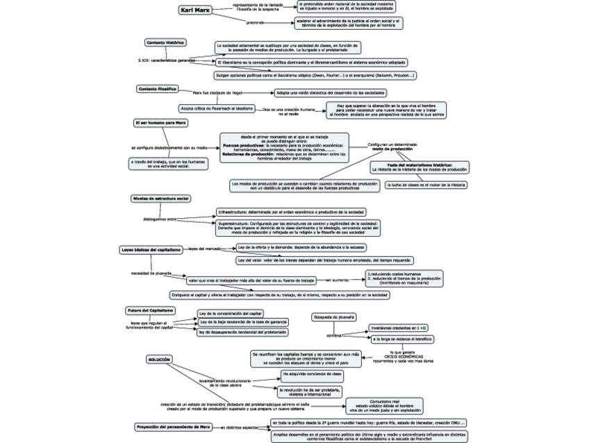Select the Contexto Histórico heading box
coord(165,42)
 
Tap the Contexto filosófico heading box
coord(158,89)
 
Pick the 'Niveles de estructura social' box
coord(160,199)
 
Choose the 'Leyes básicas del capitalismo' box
coord(151,249)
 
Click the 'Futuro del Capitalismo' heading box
coord(150,310)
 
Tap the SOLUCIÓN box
coord(158,359)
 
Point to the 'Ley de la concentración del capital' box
coord(229,312)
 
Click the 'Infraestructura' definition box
coord(291,211)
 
